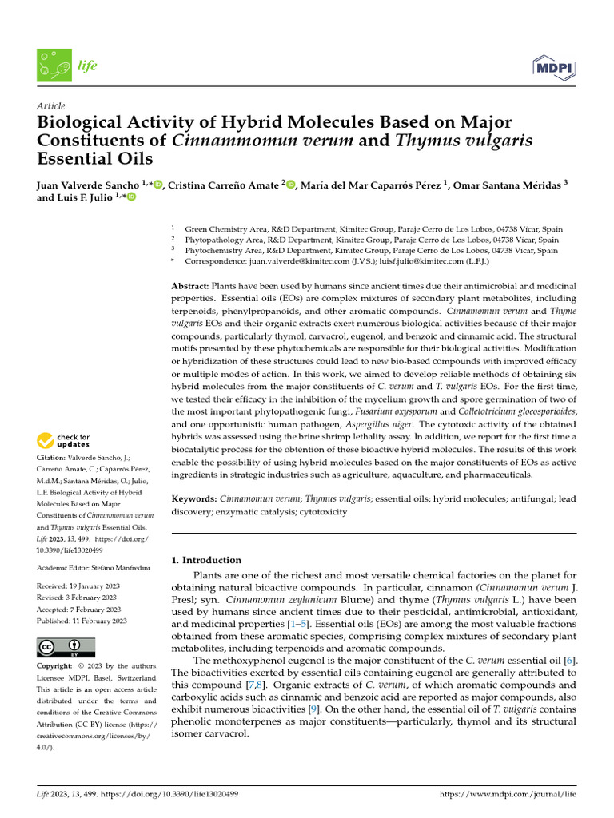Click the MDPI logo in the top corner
click(553, 66)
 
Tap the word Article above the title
click(51, 106)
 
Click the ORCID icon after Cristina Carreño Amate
click(290, 185)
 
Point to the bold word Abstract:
click(190, 286)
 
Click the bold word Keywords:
click(194, 498)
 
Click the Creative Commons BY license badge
click(66, 647)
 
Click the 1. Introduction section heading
click(207, 560)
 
